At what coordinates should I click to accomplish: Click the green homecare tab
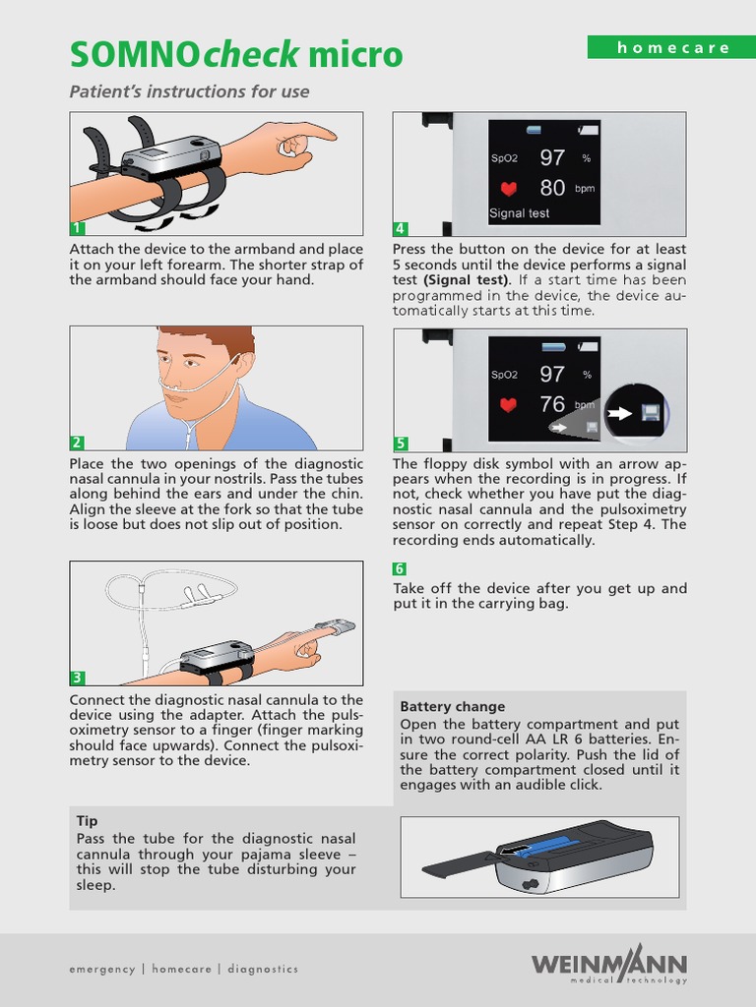(671, 47)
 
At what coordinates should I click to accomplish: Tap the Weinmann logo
(608, 964)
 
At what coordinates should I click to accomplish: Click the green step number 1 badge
(77, 228)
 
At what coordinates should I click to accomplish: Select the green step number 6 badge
(400, 569)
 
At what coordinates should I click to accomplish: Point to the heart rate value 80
(552, 188)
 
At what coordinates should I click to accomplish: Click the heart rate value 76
(552, 404)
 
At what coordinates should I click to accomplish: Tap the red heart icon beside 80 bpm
(509, 189)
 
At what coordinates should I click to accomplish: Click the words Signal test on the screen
(520, 213)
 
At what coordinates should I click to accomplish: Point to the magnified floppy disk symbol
(649, 412)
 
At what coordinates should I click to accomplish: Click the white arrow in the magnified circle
(620, 413)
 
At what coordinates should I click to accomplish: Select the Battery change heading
(453, 706)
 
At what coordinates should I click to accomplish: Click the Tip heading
(87, 821)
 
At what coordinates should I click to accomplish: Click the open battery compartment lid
(458, 866)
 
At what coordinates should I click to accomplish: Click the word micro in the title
(355, 54)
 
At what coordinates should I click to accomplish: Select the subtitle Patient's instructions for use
(190, 91)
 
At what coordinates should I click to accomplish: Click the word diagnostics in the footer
(263, 969)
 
